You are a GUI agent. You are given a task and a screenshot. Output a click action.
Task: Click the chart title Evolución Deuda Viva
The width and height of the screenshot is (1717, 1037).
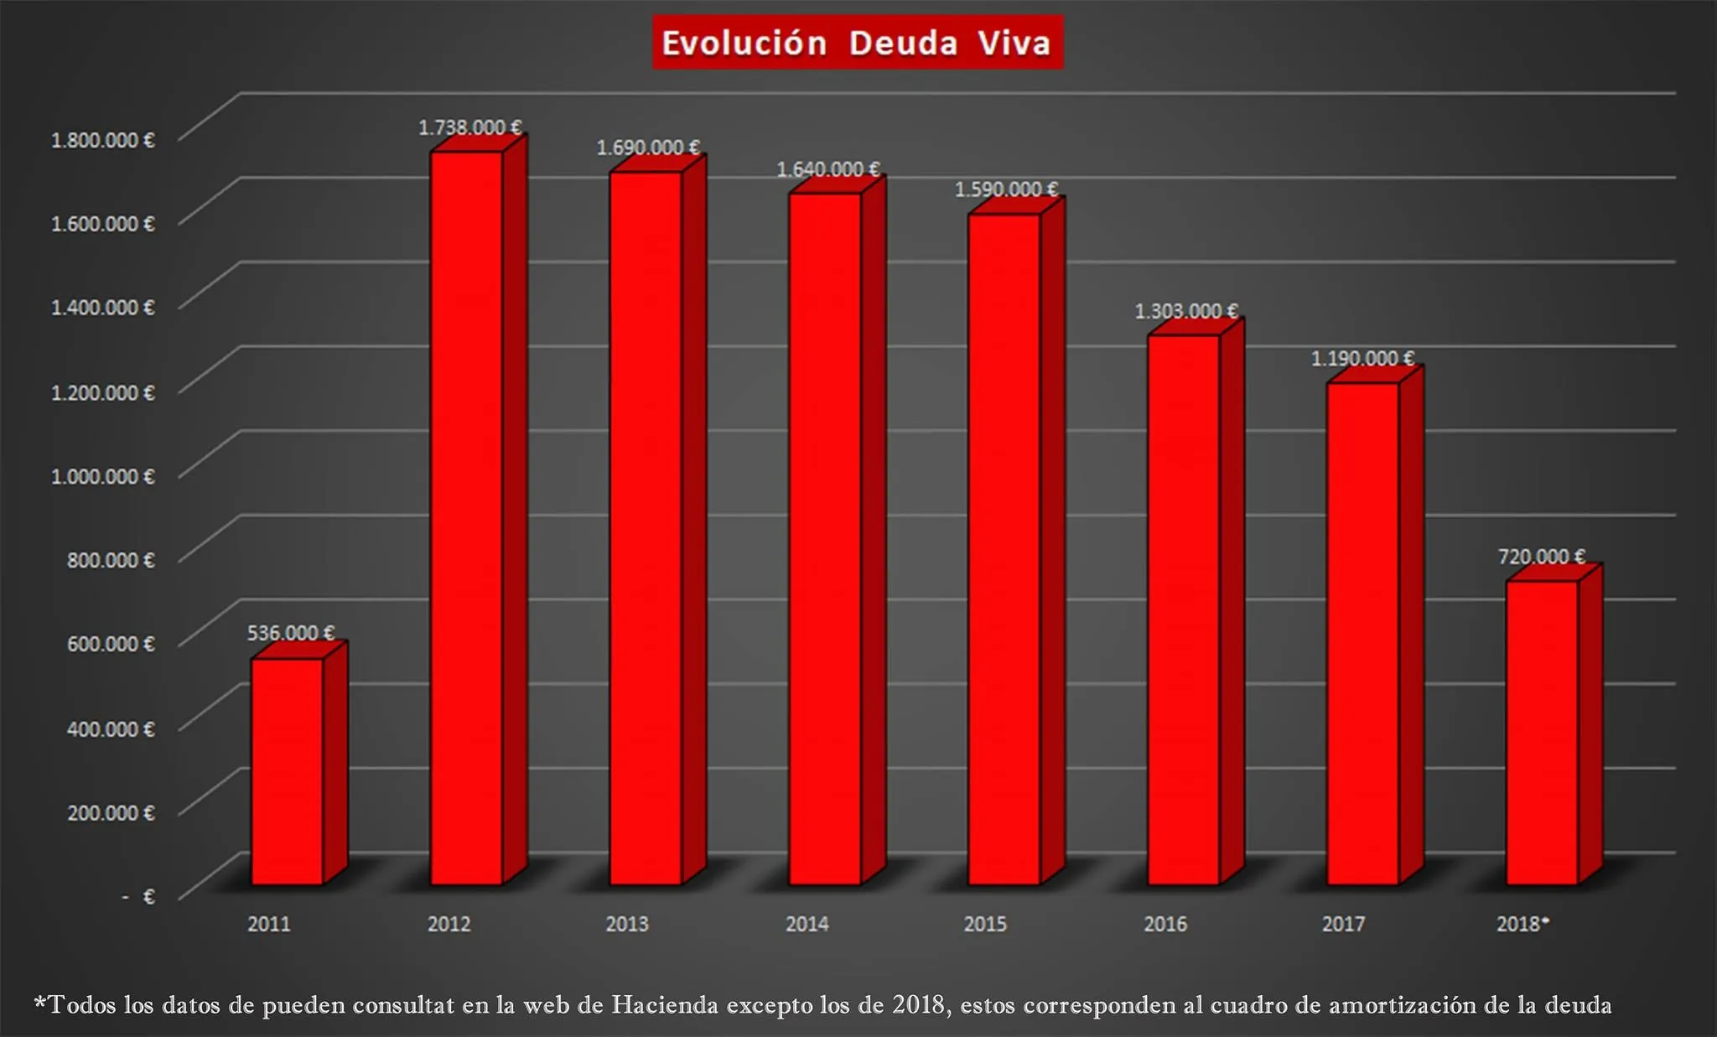coord(857,43)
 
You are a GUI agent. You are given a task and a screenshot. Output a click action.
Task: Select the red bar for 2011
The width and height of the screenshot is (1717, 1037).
coord(288,771)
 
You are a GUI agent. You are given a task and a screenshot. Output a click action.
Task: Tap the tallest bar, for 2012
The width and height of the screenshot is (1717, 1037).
coord(466,520)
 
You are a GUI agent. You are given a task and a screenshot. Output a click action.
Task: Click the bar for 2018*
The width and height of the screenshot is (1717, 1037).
coord(1542,733)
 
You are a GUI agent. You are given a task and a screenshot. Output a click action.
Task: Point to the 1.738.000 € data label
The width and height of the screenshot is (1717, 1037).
coord(469,127)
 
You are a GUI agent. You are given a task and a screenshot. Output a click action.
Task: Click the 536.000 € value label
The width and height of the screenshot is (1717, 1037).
coord(290,633)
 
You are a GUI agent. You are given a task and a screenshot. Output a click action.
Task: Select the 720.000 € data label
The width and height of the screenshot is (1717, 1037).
coord(1541,557)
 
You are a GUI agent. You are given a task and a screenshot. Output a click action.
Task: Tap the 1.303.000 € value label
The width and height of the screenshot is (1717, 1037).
coord(1185,311)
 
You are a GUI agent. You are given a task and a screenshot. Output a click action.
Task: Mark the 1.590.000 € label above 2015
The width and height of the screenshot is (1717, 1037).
coord(1006,189)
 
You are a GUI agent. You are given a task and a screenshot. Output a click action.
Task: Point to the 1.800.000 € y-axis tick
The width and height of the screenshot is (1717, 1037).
coord(103,140)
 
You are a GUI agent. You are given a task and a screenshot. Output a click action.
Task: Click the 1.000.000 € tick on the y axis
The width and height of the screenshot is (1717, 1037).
coord(103,476)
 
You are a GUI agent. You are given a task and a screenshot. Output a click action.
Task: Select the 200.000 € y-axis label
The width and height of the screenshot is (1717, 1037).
coord(111,812)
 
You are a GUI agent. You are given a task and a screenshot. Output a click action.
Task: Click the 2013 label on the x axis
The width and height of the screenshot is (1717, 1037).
coord(627,924)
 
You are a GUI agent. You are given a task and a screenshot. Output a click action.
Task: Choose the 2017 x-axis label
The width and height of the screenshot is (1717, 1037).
coord(1343,924)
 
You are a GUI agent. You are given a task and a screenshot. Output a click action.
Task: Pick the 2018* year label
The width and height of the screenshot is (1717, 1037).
coord(1522,924)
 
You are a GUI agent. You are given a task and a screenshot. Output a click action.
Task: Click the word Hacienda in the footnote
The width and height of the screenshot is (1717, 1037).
coord(664,1004)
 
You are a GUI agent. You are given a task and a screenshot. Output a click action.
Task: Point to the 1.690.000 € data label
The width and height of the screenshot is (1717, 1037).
coord(648,148)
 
